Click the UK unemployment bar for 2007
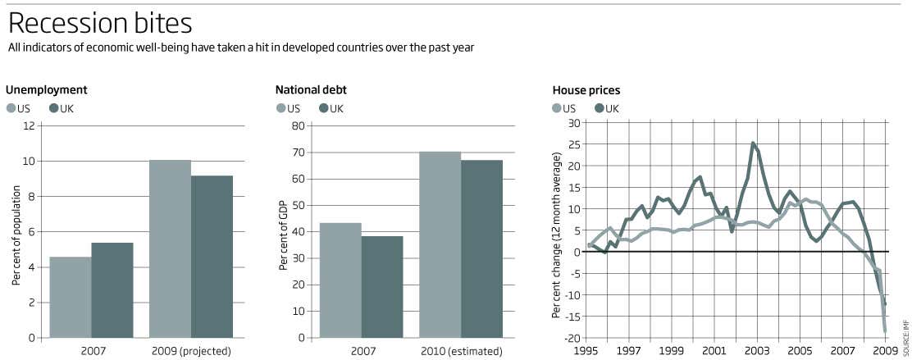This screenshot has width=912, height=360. [x=112, y=289]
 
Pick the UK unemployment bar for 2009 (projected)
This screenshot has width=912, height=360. [x=212, y=257]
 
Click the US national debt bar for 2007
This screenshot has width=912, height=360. [x=340, y=280]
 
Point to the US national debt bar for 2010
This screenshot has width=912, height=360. [x=440, y=244]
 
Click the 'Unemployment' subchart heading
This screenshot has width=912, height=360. [x=47, y=90]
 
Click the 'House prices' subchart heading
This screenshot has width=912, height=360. [x=586, y=90]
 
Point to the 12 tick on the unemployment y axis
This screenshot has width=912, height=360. [x=30, y=125]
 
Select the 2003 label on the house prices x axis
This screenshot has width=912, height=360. [x=757, y=351]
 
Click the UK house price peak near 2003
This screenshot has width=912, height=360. [x=753, y=144]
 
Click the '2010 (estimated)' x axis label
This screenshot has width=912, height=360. [x=460, y=351]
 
